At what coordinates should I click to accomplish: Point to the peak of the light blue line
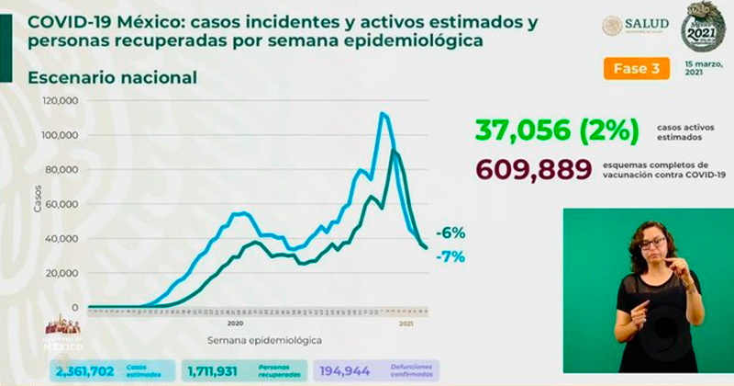[x=382, y=113]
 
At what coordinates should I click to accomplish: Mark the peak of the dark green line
[x=394, y=150]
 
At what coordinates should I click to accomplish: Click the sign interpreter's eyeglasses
[x=653, y=244]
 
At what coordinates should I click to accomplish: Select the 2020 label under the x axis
[x=234, y=324]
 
